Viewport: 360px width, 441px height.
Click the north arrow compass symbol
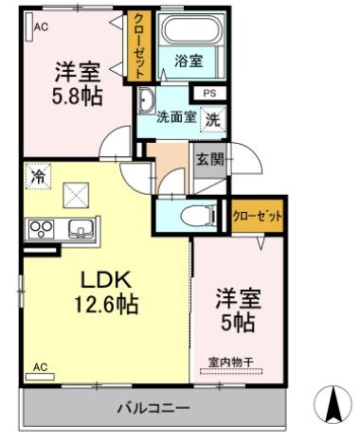332,405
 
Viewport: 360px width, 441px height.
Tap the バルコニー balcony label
153,409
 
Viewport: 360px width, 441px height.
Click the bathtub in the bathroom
188,32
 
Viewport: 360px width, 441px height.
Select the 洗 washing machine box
213,120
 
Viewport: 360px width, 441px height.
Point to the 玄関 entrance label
209,160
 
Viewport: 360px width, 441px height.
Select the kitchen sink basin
78,228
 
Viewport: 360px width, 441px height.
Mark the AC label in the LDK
40,366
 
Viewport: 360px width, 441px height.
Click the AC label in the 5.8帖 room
40,26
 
